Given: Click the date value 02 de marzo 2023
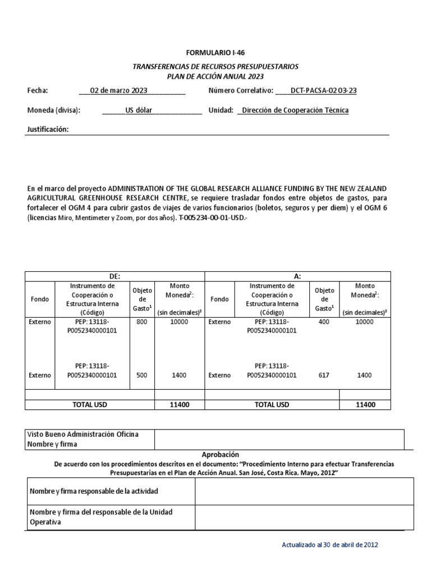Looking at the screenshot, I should pos(131,90).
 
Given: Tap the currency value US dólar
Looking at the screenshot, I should pos(139,110).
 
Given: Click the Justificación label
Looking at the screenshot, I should pos(48,130).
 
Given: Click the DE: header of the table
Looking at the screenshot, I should pos(114,276).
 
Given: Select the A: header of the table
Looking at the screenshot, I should pos(297,276).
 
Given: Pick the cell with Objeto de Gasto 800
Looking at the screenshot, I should pos(141,322).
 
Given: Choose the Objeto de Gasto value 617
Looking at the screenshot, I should pos(324,375).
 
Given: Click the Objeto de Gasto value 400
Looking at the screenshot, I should pos(324,322).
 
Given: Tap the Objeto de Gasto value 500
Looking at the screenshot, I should pos(141,375).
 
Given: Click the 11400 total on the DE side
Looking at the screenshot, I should pos(179,404).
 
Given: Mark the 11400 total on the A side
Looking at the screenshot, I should pos(365,404).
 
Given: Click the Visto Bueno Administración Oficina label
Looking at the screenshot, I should pos(83,435).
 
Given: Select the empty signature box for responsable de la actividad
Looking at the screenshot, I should pos(304,491).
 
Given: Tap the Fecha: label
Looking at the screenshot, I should pos(38,90).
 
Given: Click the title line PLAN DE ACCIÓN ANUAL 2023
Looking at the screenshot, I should pos(215,76).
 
